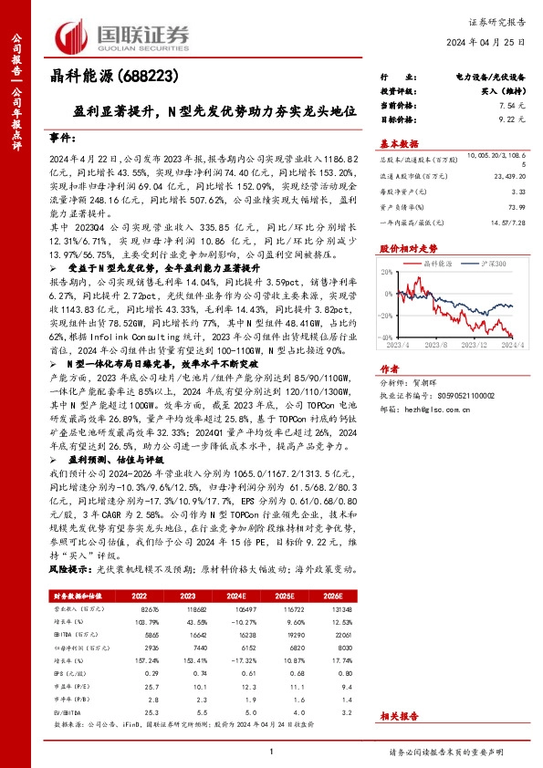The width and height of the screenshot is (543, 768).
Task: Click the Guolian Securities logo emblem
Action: click(74, 37)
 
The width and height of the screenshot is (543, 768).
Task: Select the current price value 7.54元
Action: click(512, 106)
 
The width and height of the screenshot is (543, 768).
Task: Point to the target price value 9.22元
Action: click(512, 119)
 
